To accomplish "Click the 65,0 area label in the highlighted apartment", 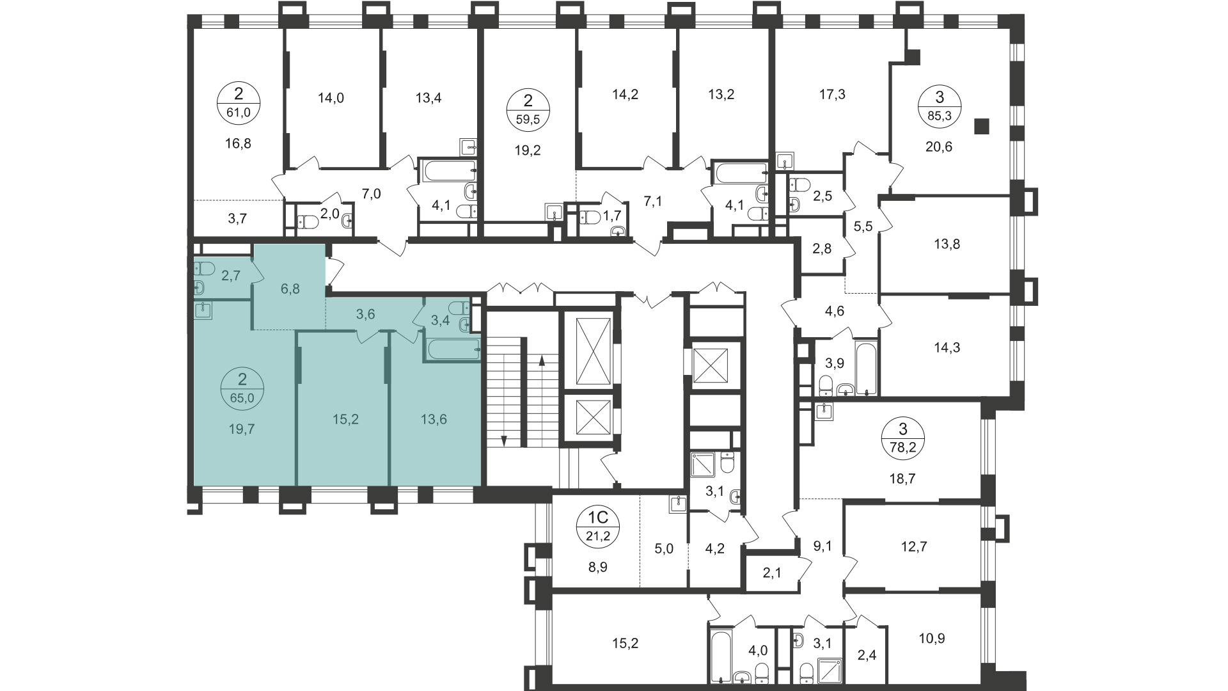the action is coord(242,397).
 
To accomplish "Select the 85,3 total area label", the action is coord(940,116).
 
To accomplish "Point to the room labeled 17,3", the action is coord(832,95).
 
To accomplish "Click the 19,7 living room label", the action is coord(242,429).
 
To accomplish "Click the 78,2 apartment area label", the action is coord(902,447).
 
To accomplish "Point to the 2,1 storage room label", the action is coord(772,573).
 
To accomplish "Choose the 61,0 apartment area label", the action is coord(239,113).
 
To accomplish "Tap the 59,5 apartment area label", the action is coord(528,118).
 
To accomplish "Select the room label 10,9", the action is coord(932,638).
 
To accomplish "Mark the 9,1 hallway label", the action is coord(823,546).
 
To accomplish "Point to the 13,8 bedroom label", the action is coord(947,244).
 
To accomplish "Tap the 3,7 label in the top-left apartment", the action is coord(237,218).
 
